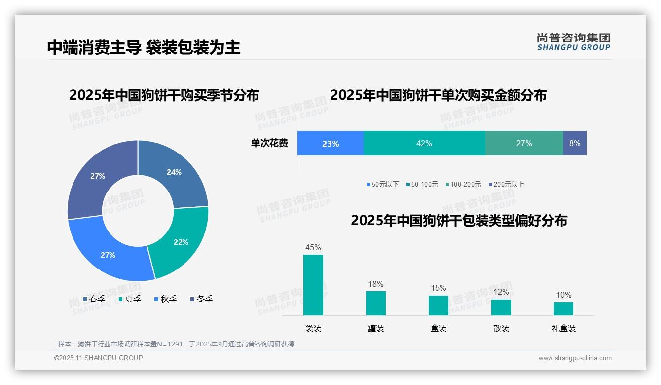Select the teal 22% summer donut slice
tap(180, 242)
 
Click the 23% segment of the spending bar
tap(330, 144)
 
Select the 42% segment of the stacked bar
tap(424, 144)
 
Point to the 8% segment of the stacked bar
tap(575, 144)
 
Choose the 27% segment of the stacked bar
tap(524, 144)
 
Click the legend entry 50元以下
tap(383, 184)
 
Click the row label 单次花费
tap(269, 144)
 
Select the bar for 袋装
tap(313, 285)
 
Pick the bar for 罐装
tap(376, 303)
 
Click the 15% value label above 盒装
tap(438, 288)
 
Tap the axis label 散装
tap(501, 328)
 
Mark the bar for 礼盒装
tap(563, 308)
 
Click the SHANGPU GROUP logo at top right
tap(573, 42)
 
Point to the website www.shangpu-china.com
tap(575, 358)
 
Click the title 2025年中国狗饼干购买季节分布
tap(164, 95)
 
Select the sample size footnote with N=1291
tap(176, 344)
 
